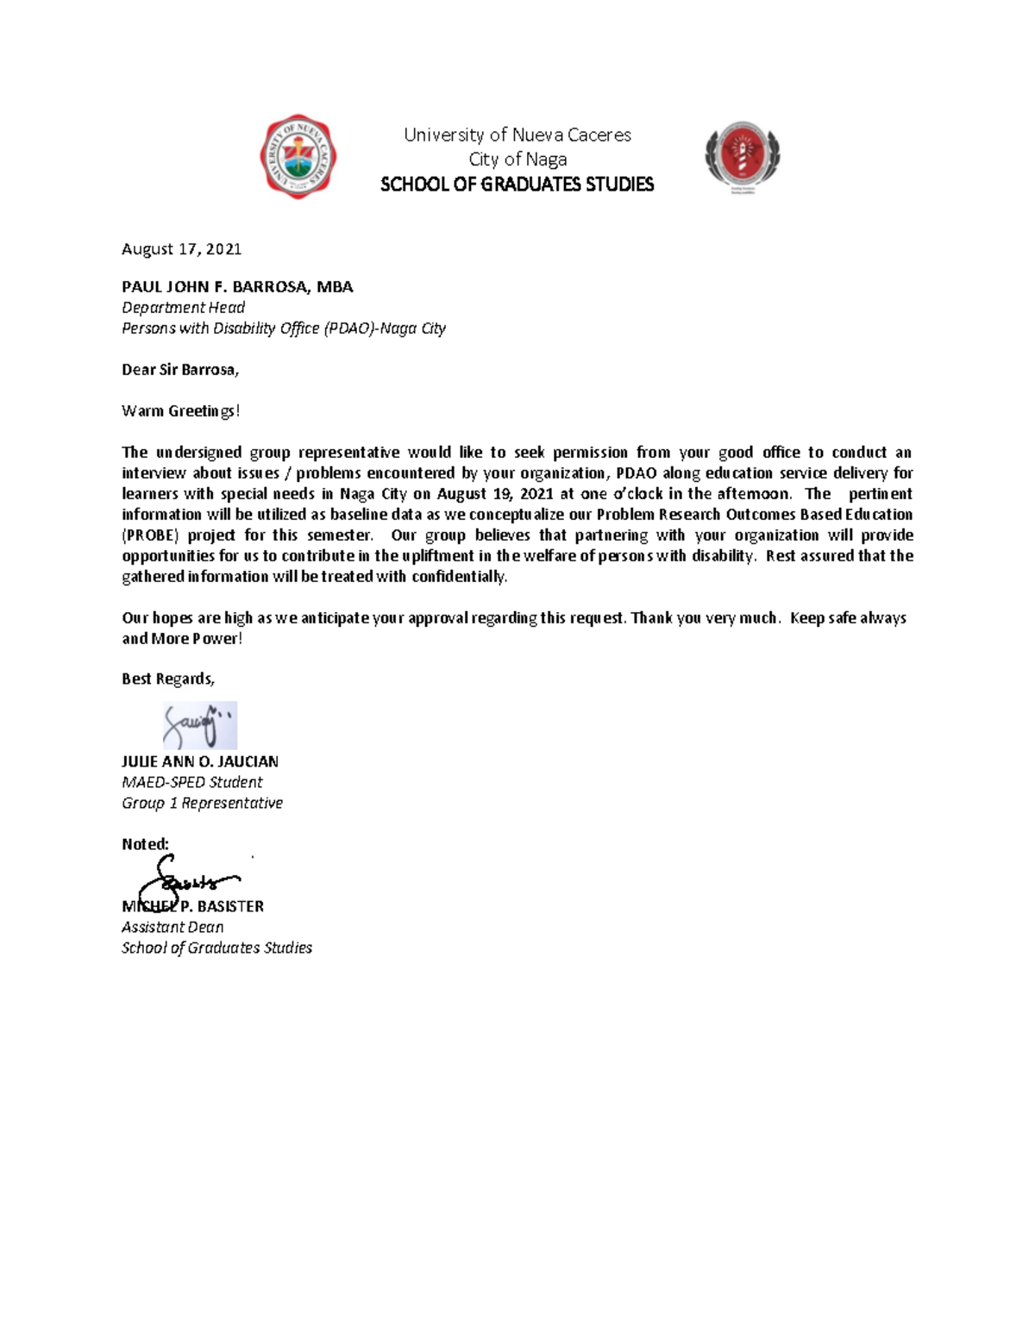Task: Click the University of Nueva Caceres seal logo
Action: (298, 157)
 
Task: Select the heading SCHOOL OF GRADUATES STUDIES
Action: (517, 185)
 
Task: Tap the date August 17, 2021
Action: (181, 249)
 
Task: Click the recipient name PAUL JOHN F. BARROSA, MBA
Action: (237, 287)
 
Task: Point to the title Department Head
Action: (183, 308)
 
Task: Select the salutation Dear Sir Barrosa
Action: (179, 370)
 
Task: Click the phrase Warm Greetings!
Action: (180, 411)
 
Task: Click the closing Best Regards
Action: (167, 679)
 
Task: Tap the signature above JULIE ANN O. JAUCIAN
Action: (199, 725)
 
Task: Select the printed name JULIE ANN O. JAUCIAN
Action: (199, 761)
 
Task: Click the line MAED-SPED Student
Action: (191, 782)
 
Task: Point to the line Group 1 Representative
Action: (202, 803)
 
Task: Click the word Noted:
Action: (145, 844)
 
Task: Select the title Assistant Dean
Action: (172, 927)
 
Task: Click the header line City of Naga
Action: (517, 160)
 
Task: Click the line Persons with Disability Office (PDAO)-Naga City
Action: (283, 328)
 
